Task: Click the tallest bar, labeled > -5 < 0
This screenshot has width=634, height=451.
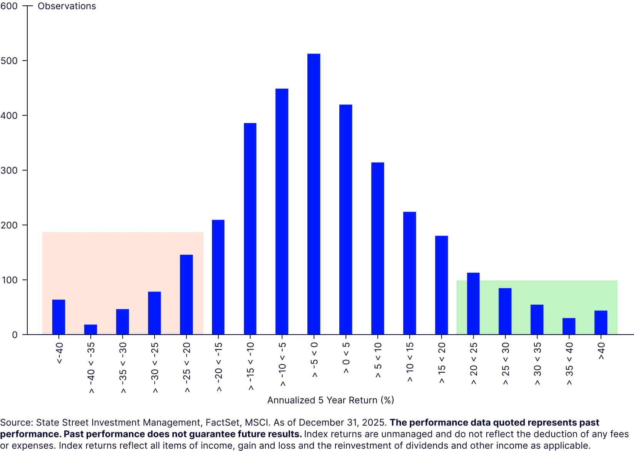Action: (x=314, y=194)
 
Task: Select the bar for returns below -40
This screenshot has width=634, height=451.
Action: (x=58, y=317)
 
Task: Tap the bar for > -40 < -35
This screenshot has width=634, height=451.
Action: (x=90, y=330)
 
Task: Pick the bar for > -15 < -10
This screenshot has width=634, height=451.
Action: (x=250, y=229)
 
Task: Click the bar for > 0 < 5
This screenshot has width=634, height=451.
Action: (x=345, y=219)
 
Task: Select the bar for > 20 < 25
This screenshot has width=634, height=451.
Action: (x=473, y=303)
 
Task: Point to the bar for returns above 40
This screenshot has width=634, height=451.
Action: (x=601, y=322)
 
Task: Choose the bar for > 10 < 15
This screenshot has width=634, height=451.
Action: (x=409, y=273)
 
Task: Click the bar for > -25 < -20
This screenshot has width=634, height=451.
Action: (x=186, y=295)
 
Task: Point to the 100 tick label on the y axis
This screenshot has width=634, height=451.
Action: (x=9, y=280)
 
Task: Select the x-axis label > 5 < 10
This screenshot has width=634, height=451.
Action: (x=378, y=360)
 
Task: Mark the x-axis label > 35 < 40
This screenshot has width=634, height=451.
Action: (x=569, y=363)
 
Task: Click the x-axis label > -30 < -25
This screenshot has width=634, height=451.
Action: (x=154, y=367)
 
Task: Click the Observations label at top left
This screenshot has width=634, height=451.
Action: (x=67, y=6)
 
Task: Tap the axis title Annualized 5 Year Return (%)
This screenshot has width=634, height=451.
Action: (x=330, y=400)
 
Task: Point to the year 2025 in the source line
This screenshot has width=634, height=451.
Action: (x=374, y=423)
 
